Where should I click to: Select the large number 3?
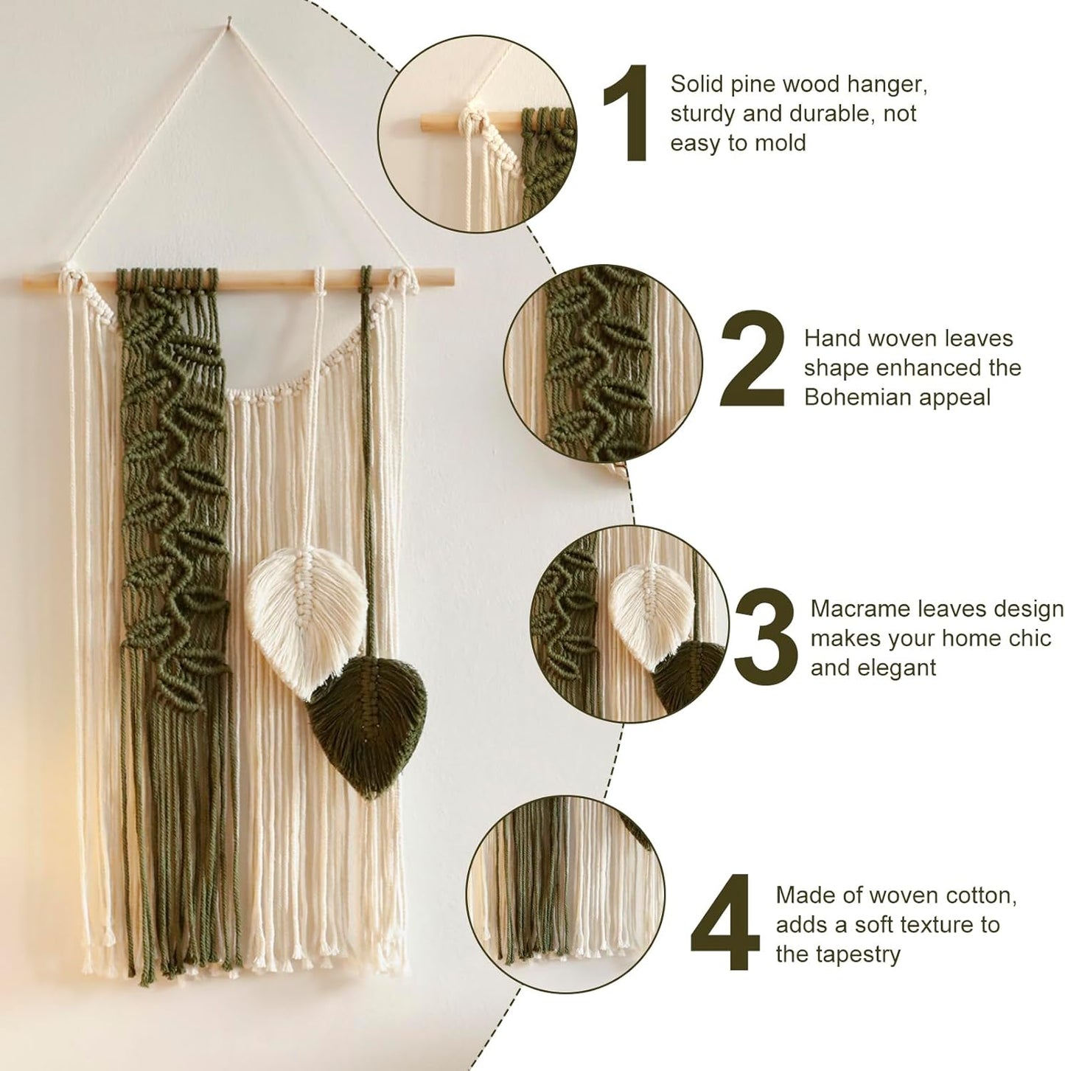point(767,636)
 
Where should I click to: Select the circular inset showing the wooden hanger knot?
point(477,136)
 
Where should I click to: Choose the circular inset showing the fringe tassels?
point(565,895)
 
